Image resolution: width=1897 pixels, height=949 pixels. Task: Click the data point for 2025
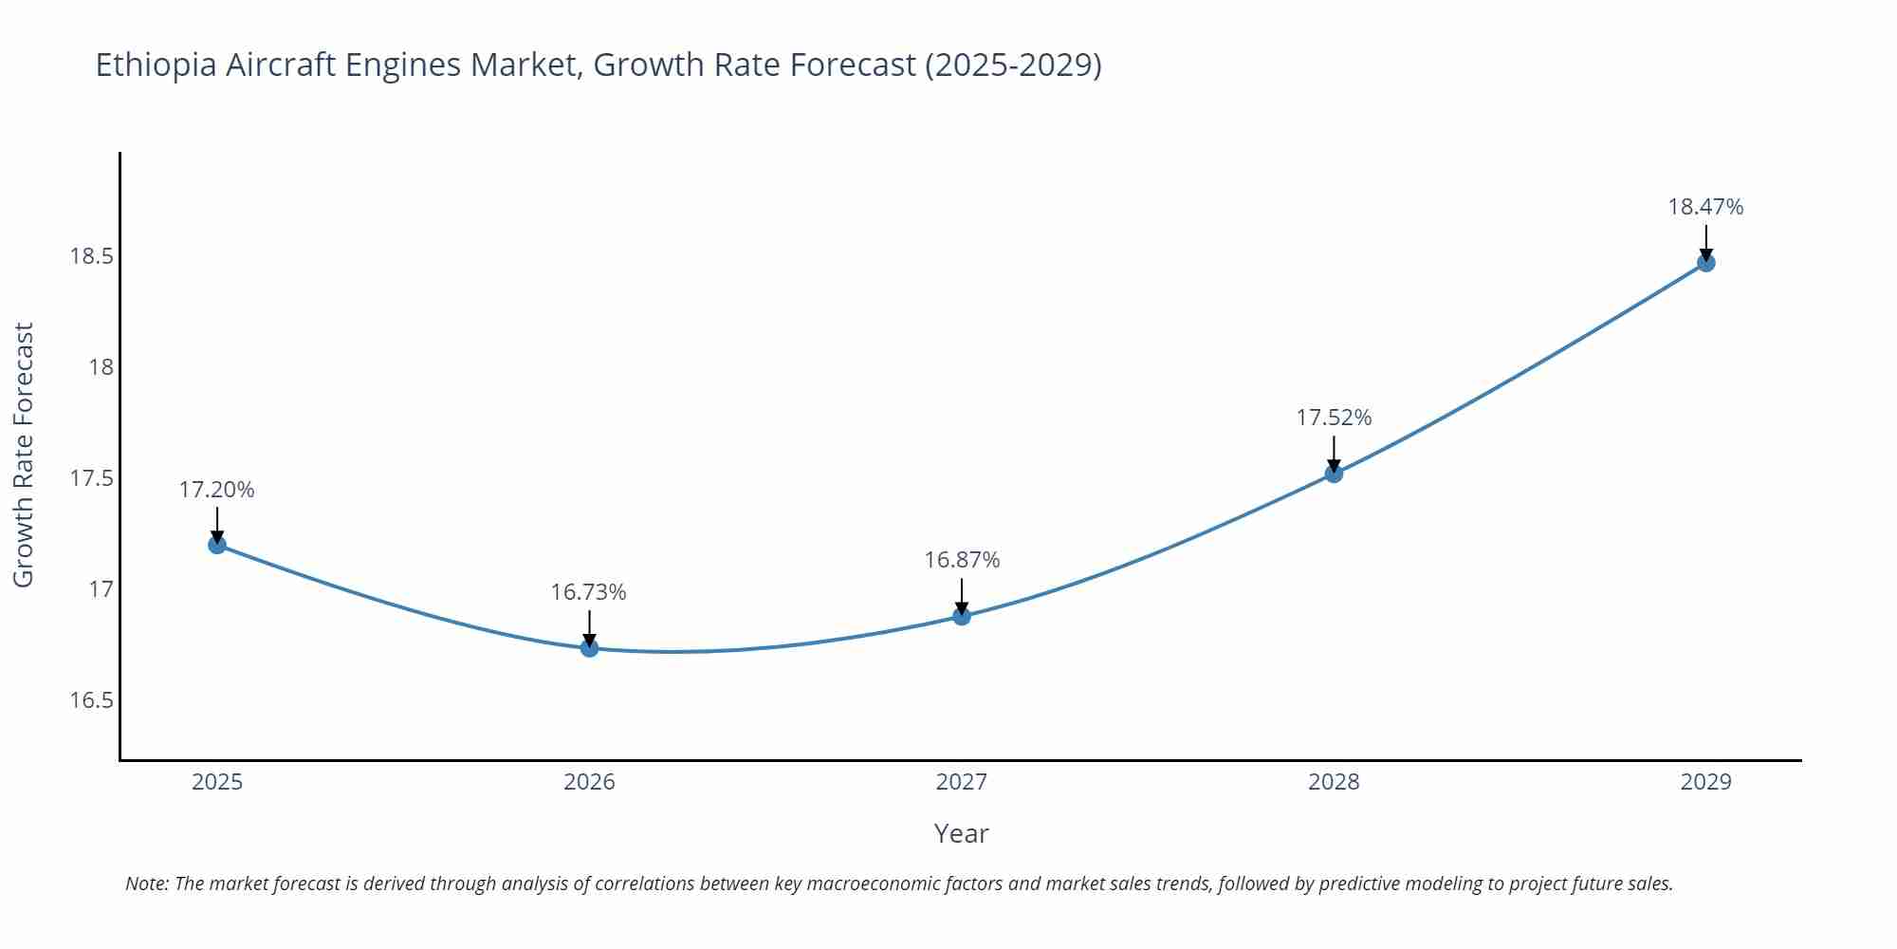(x=217, y=545)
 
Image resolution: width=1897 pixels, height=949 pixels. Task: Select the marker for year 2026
(x=589, y=648)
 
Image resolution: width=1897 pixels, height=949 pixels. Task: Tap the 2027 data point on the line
(x=962, y=617)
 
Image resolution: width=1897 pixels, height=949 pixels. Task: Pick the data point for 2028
(x=1334, y=474)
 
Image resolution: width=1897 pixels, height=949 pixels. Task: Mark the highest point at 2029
(x=1705, y=263)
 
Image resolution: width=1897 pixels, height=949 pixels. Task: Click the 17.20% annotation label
(x=216, y=490)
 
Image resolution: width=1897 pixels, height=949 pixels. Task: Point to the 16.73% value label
(x=588, y=592)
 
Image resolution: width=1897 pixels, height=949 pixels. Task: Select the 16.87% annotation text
(x=962, y=560)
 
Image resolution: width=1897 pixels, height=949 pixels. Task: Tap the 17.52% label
(x=1334, y=418)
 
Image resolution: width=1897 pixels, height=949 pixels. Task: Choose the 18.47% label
(x=1705, y=207)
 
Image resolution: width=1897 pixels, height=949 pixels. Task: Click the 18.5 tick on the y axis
(x=91, y=256)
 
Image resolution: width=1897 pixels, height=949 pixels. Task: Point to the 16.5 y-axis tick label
(x=91, y=700)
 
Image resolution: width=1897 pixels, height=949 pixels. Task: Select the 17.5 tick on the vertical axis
(x=91, y=478)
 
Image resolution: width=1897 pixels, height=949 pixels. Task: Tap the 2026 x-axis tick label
(x=589, y=782)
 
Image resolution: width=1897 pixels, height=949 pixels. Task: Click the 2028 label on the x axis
(x=1334, y=782)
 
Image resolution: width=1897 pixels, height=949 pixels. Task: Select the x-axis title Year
(x=961, y=833)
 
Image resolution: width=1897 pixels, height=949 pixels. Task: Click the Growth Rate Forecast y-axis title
(x=23, y=455)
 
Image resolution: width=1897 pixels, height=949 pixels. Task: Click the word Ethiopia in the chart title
(x=156, y=65)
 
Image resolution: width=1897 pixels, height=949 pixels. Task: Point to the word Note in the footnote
(x=146, y=884)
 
